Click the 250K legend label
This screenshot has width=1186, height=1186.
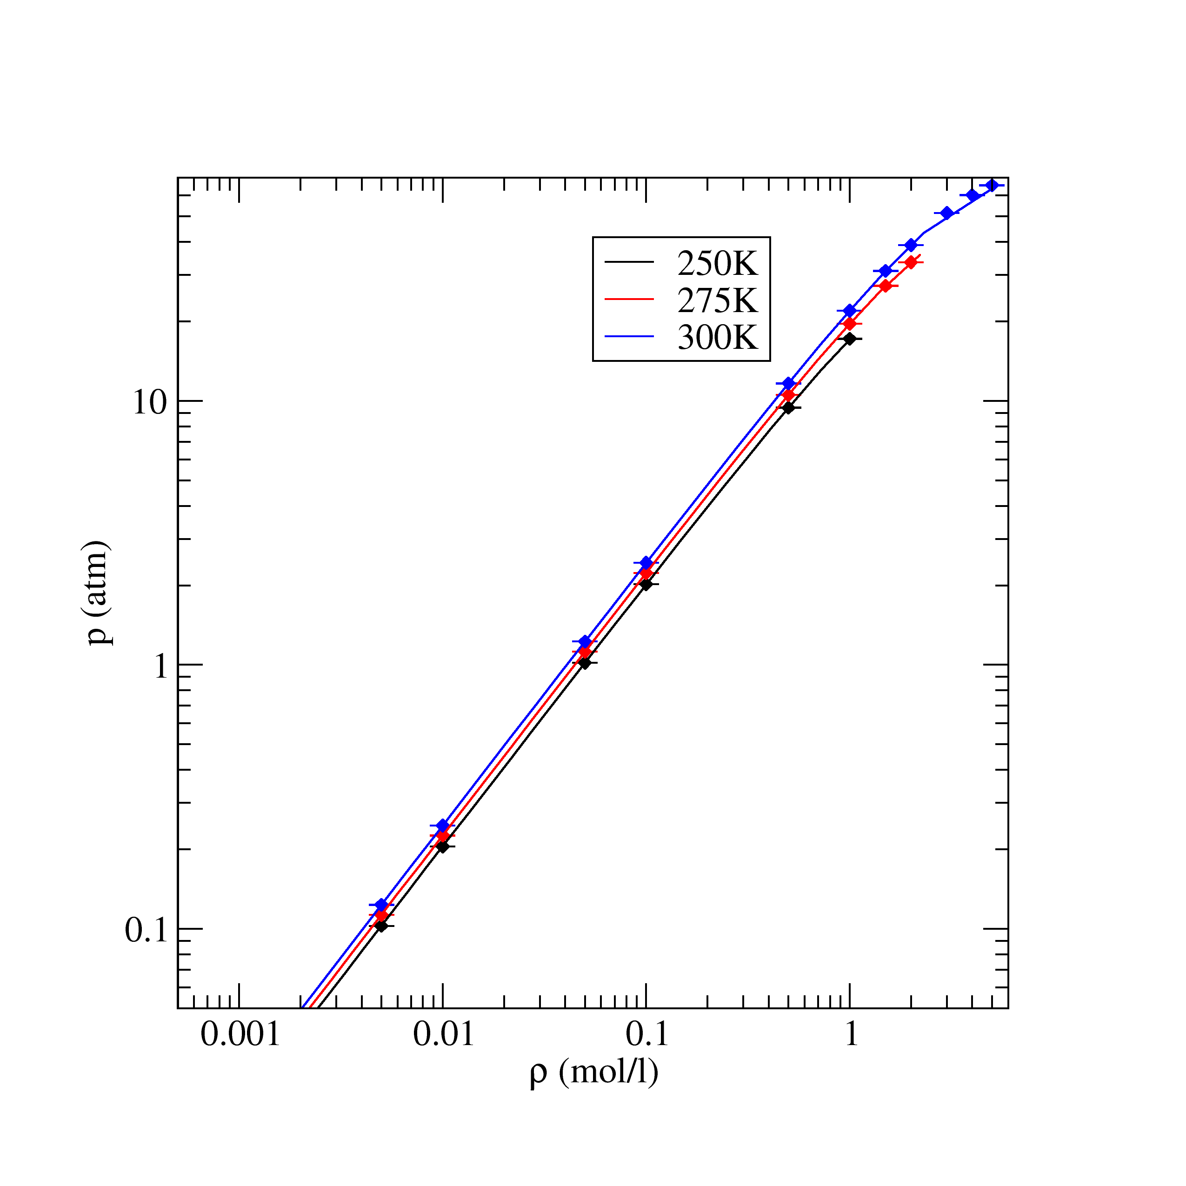click(x=718, y=265)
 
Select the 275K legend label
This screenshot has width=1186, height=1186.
click(x=718, y=301)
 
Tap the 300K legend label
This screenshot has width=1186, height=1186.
click(x=718, y=337)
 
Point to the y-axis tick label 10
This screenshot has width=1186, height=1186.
click(x=150, y=403)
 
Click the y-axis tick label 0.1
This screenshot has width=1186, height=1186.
click(x=146, y=931)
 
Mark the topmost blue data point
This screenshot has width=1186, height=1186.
click(x=992, y=186)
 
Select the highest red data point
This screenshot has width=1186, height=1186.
click(x=911, y=263)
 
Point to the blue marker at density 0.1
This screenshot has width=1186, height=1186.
click(x=646, y=563)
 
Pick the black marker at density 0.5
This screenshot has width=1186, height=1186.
click(x=788, y=407)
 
